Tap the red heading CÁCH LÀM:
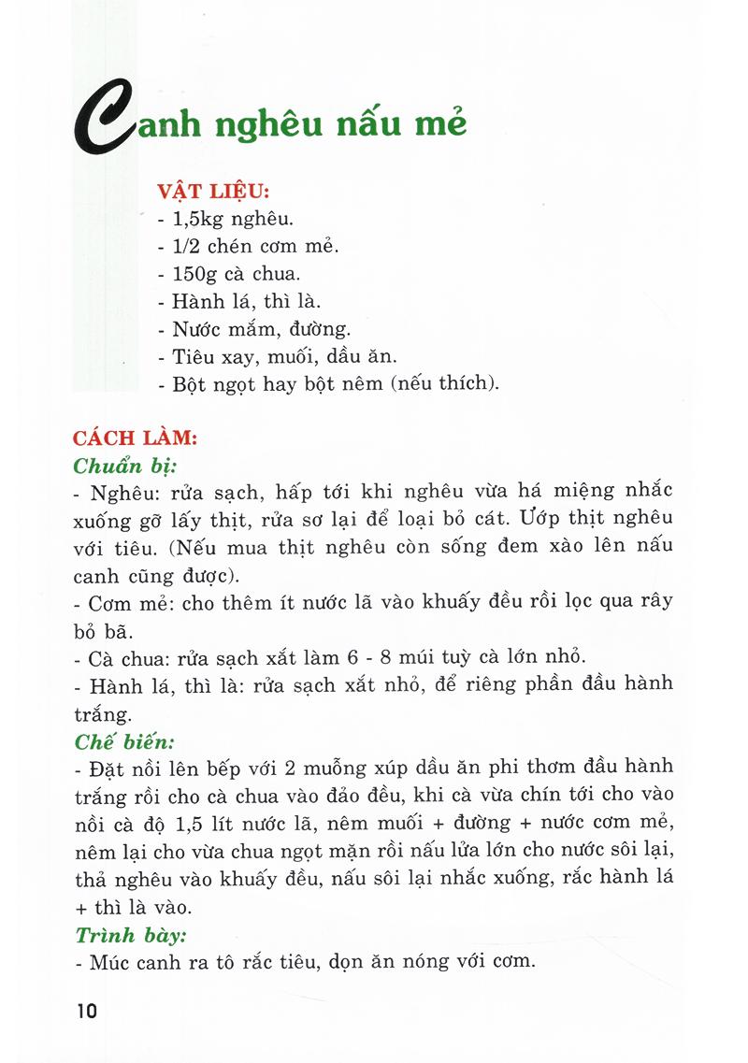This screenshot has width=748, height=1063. coord(135,438)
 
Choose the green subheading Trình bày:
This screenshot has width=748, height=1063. coord(130,934)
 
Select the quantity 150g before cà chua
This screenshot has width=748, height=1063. coord(197,276)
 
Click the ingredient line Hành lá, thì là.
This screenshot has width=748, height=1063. coord(247,302)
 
